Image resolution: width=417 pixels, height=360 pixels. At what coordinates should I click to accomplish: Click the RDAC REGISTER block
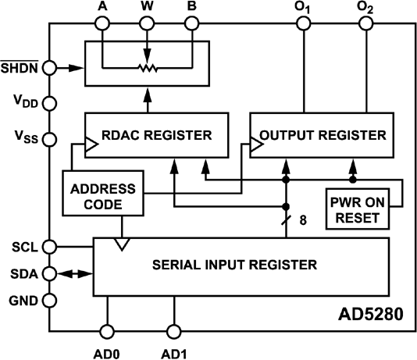click(x=156, y=134)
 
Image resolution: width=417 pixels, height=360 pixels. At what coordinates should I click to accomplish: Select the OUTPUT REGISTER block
click(x=320, y=134)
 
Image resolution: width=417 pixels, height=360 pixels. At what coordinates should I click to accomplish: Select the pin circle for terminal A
click(x=103, y=23)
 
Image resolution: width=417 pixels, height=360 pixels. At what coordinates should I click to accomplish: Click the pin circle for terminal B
click(x=191, y=23)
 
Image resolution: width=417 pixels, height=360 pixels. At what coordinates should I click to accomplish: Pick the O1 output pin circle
click(x=301, y=23)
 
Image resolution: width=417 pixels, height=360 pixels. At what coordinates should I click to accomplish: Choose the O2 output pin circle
click(x=365, y=23)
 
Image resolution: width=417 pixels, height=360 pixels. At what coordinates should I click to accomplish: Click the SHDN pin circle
click(x=49, y=68)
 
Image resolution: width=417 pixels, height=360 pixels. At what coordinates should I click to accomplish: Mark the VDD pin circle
click(x=49, y=102)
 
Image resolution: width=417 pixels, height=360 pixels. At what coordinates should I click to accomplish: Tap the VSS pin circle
click(x=49, y=139)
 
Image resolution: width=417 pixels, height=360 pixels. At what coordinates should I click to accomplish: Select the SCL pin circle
click(x=49, y=247)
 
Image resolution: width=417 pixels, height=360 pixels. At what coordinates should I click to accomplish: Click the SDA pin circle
click(x=49, y=273)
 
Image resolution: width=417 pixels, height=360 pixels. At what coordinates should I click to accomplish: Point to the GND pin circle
click(x=49, y=300)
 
